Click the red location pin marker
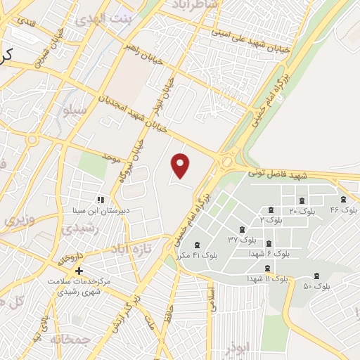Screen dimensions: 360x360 tap(181, 166)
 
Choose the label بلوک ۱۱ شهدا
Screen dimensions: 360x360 tap(267, 279)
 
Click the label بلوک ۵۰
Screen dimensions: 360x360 tap(316, 286)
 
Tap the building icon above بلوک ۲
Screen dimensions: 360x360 tap(271, 210)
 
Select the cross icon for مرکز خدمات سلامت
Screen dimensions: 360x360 tap(79, 270)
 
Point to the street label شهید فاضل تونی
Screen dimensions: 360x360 tap(277, 173)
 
